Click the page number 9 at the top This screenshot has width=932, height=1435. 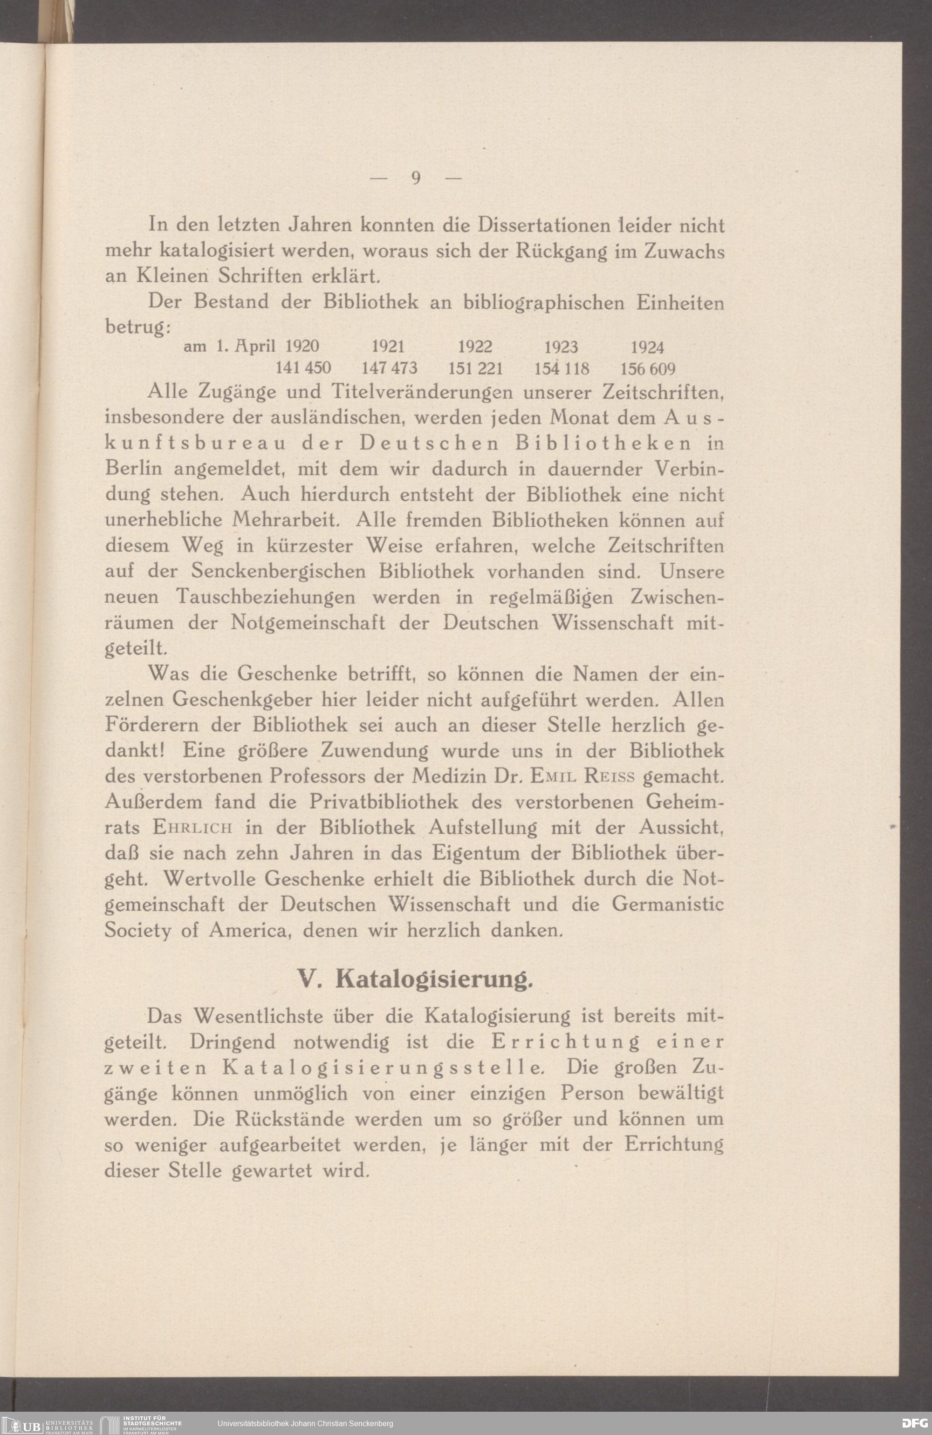pos(416,178)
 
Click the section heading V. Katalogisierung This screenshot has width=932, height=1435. pos(416,980)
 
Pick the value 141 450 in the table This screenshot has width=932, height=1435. pos(303,368)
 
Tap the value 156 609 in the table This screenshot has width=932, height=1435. pos(647,368)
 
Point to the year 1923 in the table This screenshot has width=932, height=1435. pos(561,347)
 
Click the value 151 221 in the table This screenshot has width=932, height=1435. pos(475,368)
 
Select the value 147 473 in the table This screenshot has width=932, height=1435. pos(389,368)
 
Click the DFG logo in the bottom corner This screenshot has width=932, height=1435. pos(913,1423)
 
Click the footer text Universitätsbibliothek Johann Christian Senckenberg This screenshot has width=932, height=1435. pos(305,1423)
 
